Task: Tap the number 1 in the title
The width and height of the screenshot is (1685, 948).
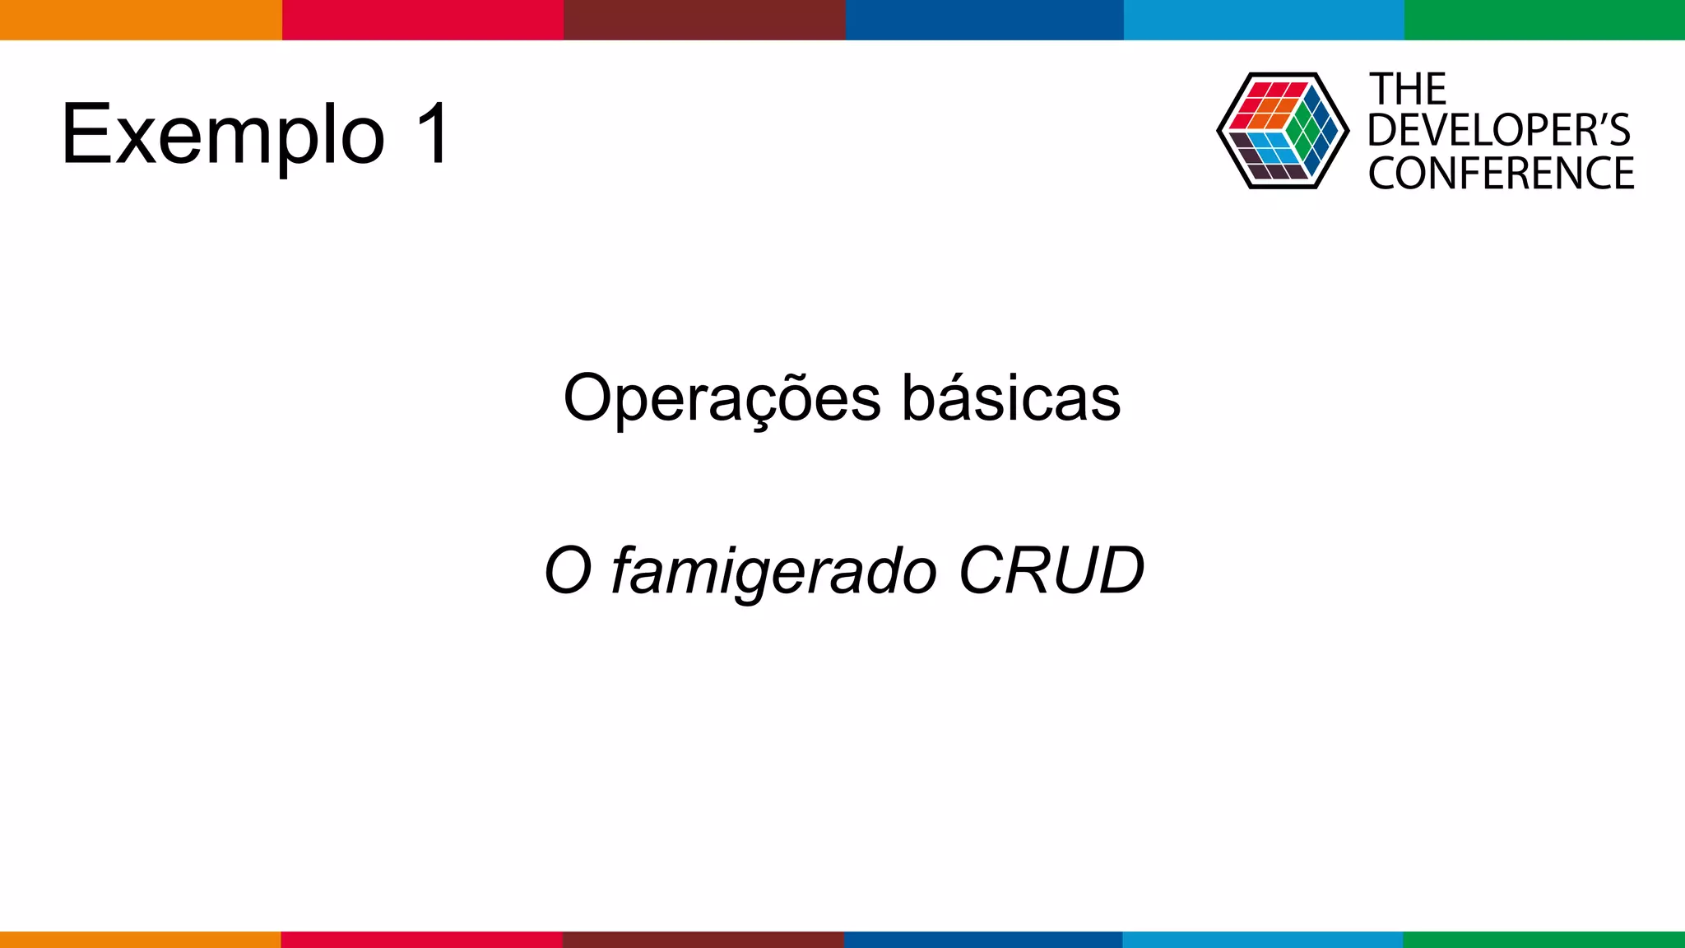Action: click(x=433, y=134)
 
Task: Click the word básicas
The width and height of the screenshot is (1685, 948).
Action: click(x=1011, y=398)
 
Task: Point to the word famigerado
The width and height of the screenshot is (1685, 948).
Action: click(x=773, y=571)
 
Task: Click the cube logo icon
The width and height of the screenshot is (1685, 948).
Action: click(x=1282, y=131)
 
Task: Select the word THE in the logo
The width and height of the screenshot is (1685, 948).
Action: click(x=1408, y=89)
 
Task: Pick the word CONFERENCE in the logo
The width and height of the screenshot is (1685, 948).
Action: click(x=1501, y=173)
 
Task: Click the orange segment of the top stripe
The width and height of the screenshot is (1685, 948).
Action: click(x=141, y=20)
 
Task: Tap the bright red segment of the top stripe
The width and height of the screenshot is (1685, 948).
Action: click(x=423, y=20)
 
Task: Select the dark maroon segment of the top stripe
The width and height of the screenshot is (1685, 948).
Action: click(x=704, y=20)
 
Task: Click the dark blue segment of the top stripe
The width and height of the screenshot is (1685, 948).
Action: click(x=984, y=20)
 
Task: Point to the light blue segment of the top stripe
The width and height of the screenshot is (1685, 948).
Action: click(x=1264, y=20)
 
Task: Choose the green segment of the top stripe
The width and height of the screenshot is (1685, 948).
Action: click(x=1544, y=20)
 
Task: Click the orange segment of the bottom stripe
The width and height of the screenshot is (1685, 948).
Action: click(x=140, y=940)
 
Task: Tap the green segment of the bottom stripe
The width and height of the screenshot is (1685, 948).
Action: click(x=1543, y=940)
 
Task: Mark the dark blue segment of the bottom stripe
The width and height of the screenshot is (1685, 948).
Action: click(x=983, y=940)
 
